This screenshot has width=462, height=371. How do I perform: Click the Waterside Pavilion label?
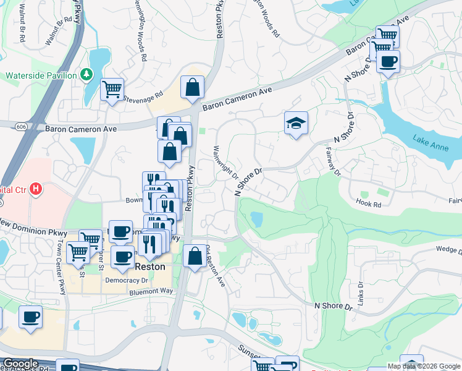click(41, 75)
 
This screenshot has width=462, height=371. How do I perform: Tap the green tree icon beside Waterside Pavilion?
click(87, 75)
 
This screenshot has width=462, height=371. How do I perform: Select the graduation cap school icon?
click(296, 122)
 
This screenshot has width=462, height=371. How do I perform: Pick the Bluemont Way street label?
click(149, 291)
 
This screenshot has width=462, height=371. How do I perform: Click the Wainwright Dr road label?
click(226, 163)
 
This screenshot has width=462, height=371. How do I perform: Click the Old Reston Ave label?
click(216, 266)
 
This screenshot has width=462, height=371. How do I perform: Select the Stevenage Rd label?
click(143, 96)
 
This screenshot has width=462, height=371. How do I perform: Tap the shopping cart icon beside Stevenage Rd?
click(112, 90)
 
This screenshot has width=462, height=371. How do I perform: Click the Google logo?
click(20, 364)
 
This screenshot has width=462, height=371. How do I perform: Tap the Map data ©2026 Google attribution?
click(423, 366)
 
